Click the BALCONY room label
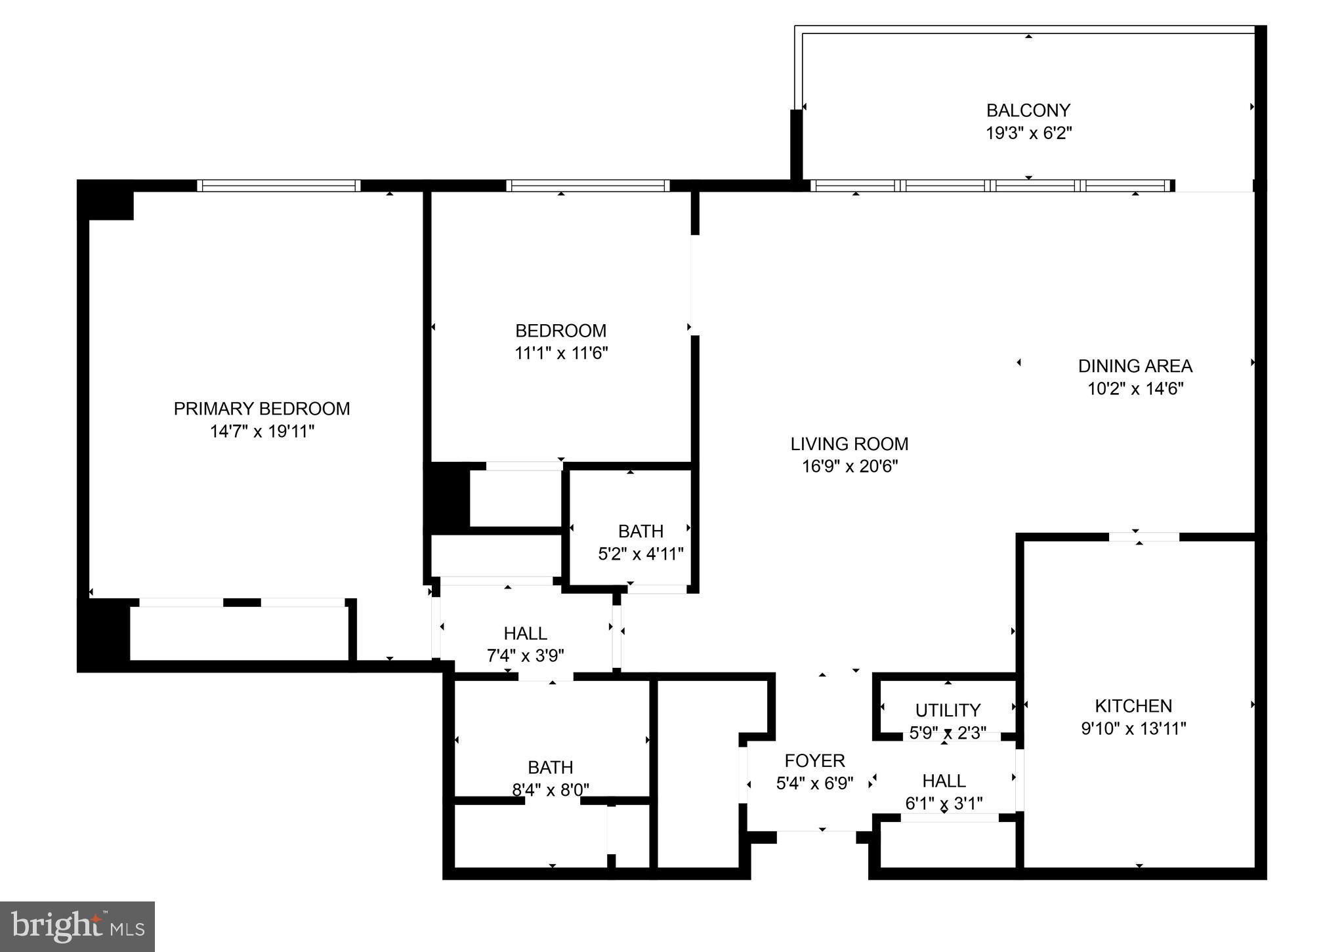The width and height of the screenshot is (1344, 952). (1028, 110)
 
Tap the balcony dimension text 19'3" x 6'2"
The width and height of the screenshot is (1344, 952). (1028, 133)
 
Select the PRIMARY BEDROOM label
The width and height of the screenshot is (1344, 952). (262, 409)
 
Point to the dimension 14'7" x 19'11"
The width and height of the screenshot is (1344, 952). (262, 432)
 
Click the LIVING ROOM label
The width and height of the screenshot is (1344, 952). (849, 444)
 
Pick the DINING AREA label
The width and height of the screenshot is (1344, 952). (1135, 366)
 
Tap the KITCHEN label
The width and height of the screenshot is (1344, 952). (1133, 706)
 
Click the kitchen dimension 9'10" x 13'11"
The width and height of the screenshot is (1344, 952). (1133, 729)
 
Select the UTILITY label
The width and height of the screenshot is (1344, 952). (948, 710)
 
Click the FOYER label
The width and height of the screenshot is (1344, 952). (814, 761)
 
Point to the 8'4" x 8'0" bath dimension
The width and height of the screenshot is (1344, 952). (551, 790)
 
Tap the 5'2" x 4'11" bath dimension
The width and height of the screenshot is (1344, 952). (640, 554)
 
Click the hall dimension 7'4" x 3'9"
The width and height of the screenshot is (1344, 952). (525, 655)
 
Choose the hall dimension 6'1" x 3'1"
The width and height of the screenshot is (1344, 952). (944, 804)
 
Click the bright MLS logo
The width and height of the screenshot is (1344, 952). (77, 926)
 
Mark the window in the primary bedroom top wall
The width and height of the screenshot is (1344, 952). (279, 186)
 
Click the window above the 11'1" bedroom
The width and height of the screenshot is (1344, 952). (587, 186)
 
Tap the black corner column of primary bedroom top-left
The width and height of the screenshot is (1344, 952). (106, 200)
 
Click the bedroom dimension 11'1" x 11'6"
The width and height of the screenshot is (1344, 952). (561, 354)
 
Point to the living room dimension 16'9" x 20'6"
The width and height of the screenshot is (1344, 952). (849, 466)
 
